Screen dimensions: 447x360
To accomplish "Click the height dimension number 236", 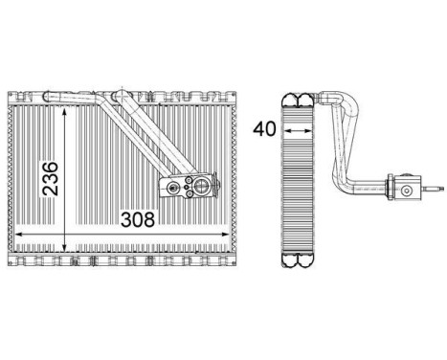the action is pos(51,179).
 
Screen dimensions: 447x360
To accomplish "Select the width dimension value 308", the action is pos(138,219).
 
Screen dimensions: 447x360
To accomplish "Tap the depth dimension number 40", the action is pos(264,129).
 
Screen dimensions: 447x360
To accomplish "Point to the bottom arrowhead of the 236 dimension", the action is pos(65,248).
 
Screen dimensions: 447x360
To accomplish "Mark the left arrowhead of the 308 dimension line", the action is pos(19,235).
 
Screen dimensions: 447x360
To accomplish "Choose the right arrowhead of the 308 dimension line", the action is pos(226,235).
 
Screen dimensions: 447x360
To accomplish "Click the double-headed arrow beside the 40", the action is pos(298,130).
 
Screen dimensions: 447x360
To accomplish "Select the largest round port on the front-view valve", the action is pos(202,186).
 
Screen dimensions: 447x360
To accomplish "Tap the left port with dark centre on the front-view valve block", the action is pos(173,188).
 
